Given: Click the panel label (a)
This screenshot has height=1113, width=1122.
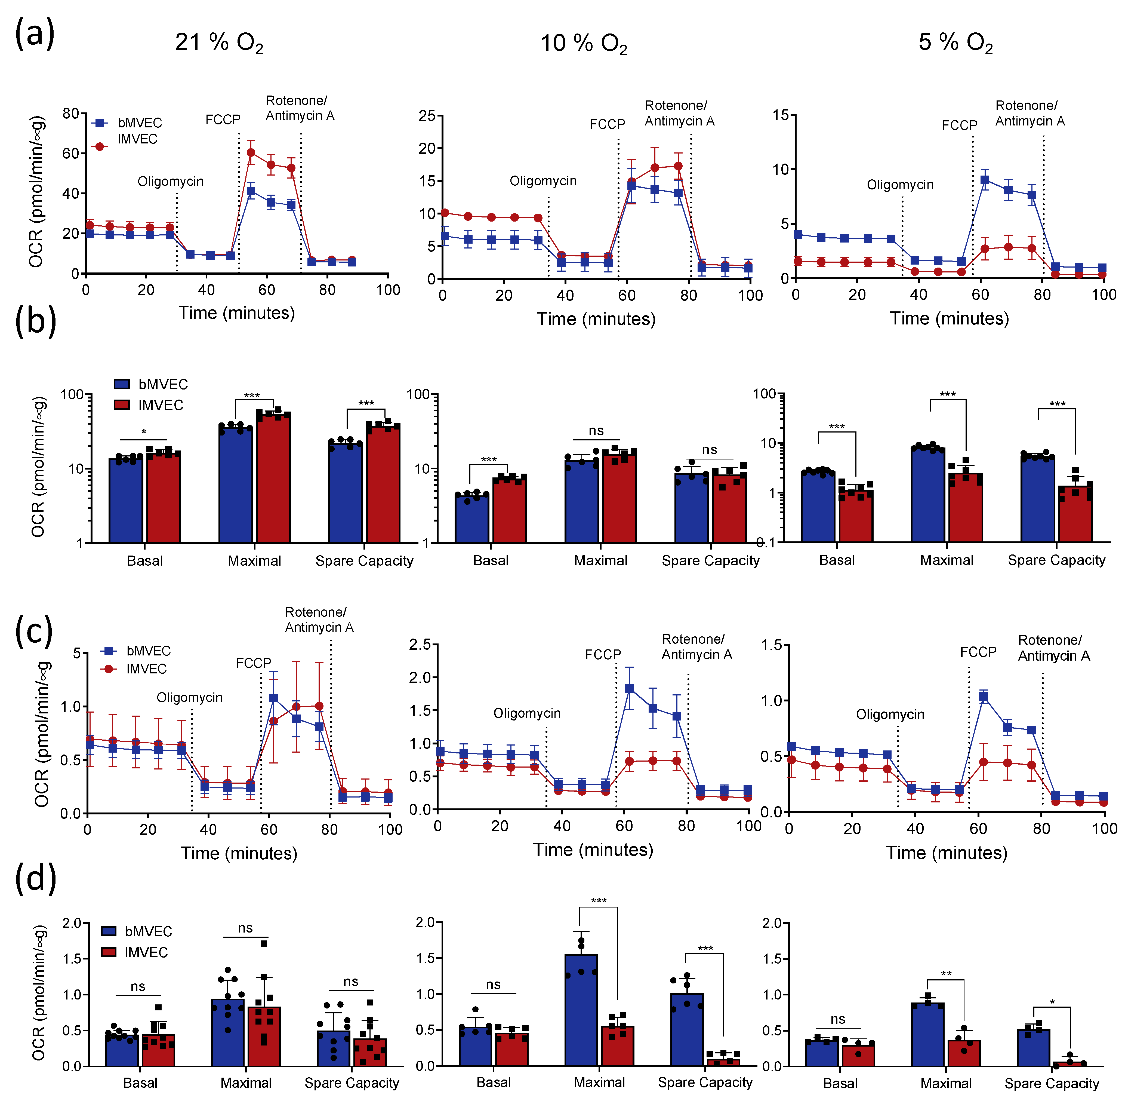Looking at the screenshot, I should (35, 34).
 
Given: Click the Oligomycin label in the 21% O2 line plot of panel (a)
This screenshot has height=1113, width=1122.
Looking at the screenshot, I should (170, 182).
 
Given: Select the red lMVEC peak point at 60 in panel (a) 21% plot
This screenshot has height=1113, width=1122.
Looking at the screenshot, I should (251, 153).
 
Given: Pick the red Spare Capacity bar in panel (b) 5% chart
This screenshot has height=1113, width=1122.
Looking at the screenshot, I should (1075, 514).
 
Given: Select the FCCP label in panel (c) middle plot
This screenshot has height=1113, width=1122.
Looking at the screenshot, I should (603, 655).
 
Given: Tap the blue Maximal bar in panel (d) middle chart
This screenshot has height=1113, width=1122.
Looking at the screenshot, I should (581, 1011).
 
